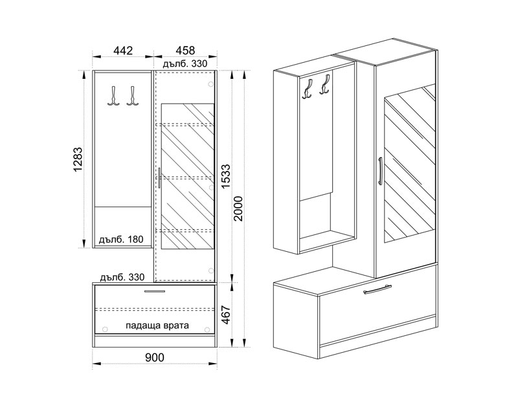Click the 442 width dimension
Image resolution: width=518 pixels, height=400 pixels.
[123, 50]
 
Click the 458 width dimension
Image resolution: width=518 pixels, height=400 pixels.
[185, 50]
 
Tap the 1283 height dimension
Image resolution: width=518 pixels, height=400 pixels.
[78, 160]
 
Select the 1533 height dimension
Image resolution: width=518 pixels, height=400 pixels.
[225, 175]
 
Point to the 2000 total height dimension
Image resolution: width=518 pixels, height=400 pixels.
[238, 208]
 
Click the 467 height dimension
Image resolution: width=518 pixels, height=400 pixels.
[225, 315]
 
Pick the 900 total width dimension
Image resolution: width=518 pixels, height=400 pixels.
[155, 357]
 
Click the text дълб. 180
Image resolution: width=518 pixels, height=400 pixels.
[122, 239]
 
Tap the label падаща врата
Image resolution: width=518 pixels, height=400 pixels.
[157, 326]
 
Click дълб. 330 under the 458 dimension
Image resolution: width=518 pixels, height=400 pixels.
[185, 63]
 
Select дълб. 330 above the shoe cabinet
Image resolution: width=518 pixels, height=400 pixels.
[122, 277]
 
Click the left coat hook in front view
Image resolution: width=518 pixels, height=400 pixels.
[113, 96]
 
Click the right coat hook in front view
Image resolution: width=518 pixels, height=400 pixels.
[133, 96]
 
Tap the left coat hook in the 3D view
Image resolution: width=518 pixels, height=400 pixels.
[308, 89]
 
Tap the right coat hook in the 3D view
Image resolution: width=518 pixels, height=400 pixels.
[325, 85]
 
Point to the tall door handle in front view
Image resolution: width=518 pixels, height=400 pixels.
[159, 178]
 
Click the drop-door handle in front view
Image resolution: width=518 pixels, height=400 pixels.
[155, 291]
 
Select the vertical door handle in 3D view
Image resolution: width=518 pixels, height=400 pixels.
[380, 170]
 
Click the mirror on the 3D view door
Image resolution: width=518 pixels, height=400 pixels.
[410, 164]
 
